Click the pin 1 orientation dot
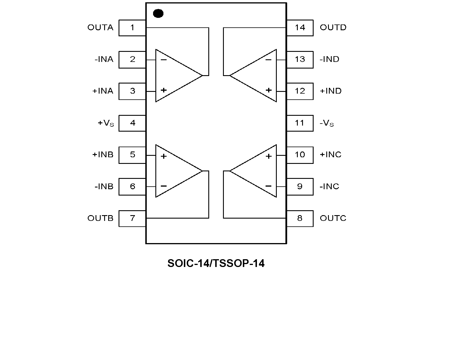[158, 14]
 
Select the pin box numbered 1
[132, 28]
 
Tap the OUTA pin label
[100, 28]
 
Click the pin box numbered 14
[300, 28]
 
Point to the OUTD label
[333, 28]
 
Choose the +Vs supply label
[106, 123]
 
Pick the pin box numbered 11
[300, 123]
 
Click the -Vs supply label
[327, 123]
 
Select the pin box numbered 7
[132, 219]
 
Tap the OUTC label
[333, 218]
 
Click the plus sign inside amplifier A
[164, 90]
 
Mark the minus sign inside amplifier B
[164, 186]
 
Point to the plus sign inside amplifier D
[268, 90]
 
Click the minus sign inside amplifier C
[268, 186]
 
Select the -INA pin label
[104, 60]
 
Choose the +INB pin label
[103, 155]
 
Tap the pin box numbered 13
[300, 60]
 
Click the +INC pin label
[331, 155]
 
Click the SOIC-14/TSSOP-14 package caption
[216, 264]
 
